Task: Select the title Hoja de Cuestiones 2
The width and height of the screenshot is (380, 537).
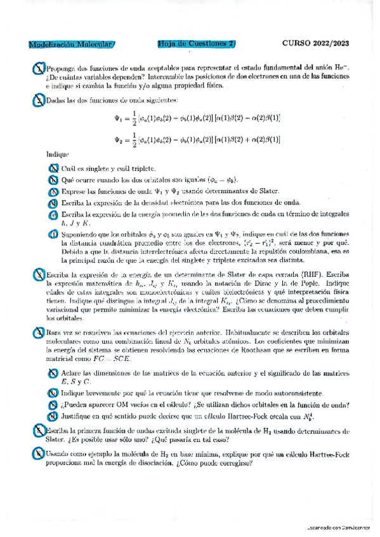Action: (x=196, y=44)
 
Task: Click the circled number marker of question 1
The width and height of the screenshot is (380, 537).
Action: (x=39, y=68)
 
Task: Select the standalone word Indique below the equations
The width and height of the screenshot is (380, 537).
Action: (x=57, y=154)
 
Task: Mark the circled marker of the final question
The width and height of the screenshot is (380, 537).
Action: (x=39, y=453)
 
